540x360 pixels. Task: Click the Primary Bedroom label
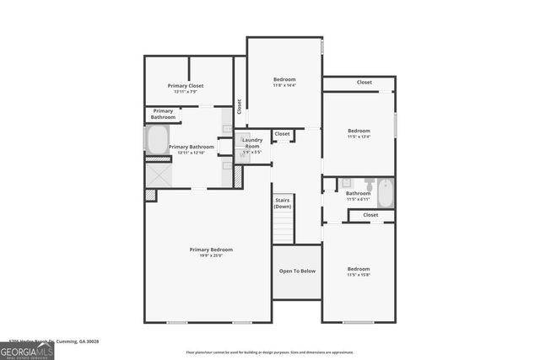click(x=211, y=250)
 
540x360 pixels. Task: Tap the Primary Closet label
click(x=186, y=85)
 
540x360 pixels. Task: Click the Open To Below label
click(x=297, y=271)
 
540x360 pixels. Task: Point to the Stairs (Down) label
click(x=283, y=203)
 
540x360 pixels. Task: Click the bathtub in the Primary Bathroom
click(x=157, y=139)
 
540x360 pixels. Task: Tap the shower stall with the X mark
click(x=158, y=175)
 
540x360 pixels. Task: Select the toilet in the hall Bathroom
click(x=370, y=183)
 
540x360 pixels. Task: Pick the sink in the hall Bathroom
click(x=346, y=183)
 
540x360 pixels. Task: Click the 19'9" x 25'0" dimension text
click(x=211, y=255)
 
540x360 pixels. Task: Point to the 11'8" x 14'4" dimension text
click(x=284, y=85)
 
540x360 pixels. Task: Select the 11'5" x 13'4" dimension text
click(x=359, y=137)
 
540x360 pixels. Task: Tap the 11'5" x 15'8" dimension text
click(x=359, y=275)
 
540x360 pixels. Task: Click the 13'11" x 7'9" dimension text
click(x=186, y=91)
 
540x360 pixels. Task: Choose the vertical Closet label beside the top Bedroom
click(x=240, y=107)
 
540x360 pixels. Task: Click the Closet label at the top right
click(x=364, y=83)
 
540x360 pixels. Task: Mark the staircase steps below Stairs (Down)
click(x=283, y=228)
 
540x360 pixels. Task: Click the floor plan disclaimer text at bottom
click(x=270, y=352)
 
